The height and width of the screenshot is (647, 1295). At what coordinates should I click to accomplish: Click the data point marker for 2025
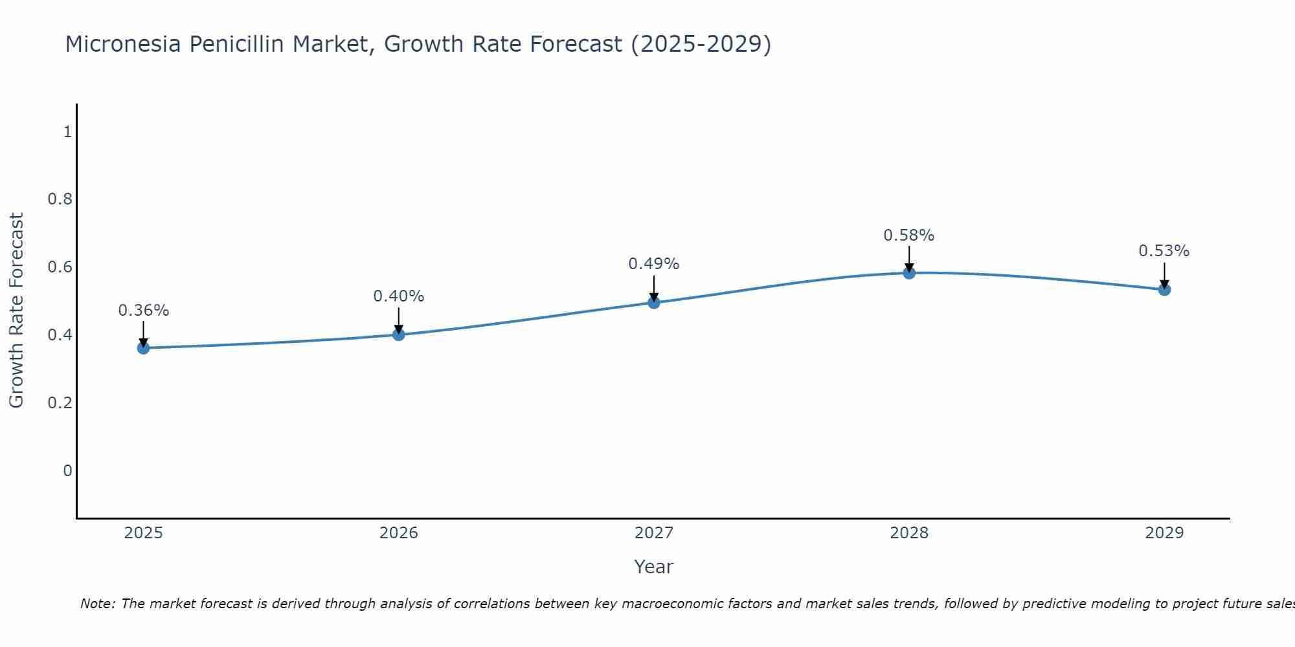pos(143,348)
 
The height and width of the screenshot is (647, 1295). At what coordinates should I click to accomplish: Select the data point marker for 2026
pos(399,334)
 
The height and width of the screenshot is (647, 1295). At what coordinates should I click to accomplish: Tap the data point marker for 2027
pos(654,302)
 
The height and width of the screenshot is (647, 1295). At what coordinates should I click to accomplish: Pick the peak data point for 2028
pos(909,273)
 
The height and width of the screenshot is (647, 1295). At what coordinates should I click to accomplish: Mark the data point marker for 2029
pos(1164,289)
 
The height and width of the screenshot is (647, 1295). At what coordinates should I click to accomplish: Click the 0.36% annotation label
pos(143,311)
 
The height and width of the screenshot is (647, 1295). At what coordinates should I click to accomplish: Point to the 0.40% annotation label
pos(399,296)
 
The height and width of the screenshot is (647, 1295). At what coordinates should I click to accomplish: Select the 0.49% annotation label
pos(654,264)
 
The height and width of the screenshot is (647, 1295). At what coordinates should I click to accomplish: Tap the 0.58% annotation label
pos(909,236)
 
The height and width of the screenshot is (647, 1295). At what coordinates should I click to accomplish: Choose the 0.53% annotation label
pos(1164,251)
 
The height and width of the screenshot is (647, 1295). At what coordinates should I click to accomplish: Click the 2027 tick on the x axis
pos(654,533)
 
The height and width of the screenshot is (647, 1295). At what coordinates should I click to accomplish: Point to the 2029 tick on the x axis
pos(1164,533)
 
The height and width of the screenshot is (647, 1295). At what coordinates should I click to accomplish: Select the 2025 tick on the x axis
pos(143,533)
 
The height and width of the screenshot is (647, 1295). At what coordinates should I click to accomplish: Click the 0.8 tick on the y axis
pos(60,199)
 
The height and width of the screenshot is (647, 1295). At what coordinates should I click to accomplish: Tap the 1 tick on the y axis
pos(67,132)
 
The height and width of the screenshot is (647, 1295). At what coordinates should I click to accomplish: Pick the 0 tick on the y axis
pos(67,470)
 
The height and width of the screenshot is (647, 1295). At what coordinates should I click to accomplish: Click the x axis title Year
pos(654,567)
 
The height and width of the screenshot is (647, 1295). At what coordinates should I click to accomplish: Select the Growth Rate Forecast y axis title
pos(17,311)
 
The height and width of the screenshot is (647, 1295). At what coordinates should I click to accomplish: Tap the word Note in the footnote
pos(97,604)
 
